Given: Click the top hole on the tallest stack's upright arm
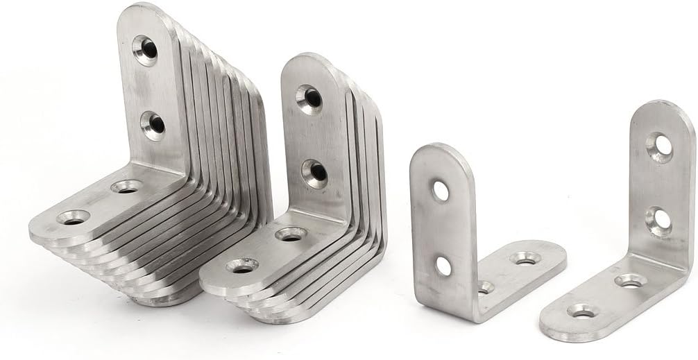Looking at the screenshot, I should coord(145,50).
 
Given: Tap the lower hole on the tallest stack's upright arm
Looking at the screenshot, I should coord(153,126).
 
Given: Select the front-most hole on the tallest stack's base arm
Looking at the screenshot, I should coord(74,217).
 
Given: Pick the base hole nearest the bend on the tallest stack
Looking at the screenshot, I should coord(126,186).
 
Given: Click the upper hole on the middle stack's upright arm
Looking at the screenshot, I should coord(309,98).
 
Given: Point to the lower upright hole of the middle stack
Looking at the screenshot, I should coord(315,173).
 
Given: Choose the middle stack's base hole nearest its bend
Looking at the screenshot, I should coord(291,234).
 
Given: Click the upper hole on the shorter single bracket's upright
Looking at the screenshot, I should coord(441,191).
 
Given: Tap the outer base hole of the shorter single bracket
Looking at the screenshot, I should coord(525,258).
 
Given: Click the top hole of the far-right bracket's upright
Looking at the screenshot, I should coord(659,145).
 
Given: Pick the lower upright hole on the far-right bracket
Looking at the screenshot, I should coord(658,220).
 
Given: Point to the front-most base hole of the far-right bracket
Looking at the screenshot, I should coord(581,311).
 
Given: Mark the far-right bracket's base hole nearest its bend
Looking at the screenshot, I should coord(630,280).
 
